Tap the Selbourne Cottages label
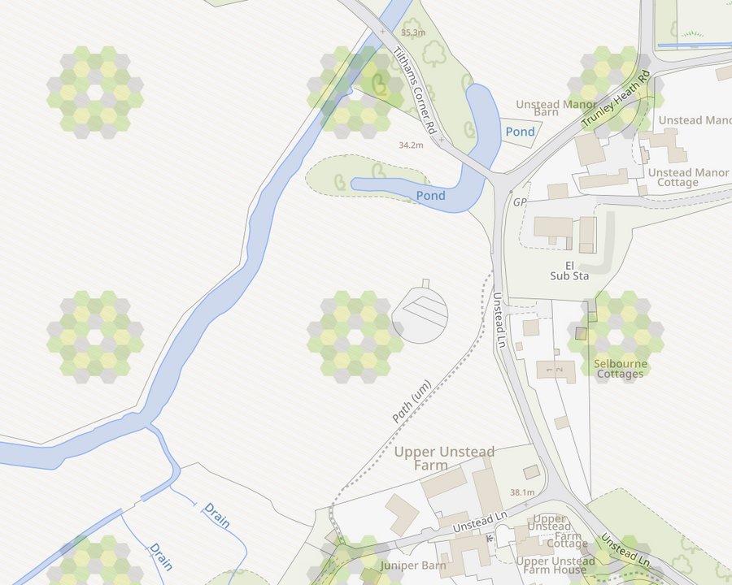pos(620,369)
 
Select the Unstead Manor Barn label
pos(550,108)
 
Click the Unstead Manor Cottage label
pos(688,177)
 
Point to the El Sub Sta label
pos(569,271)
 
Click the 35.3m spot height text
pos(412,32)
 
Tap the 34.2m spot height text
pos(411,145)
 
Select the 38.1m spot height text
pos(522,492)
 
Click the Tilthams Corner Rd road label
pos(416,89)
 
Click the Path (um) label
pos(411,401)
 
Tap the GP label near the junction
pos(521,201)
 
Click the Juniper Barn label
pos(412,565)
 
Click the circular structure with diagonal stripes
pos(420,314)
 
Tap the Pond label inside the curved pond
pos(430,196)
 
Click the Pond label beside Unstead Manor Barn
pos(521,132)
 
